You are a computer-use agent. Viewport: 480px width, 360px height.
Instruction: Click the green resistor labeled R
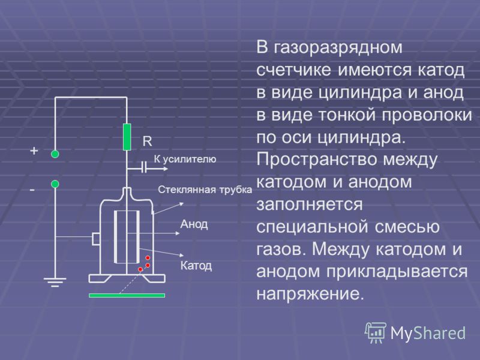(127, 137)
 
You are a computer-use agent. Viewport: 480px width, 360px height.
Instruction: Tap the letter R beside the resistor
(147, 141)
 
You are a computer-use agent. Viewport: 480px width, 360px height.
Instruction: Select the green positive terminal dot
(55, 154)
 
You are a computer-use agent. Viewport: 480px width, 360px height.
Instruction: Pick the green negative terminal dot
(55, 184)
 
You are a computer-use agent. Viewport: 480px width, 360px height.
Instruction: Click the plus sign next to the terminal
(34, 151)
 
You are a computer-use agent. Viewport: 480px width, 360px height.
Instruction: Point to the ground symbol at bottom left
(55, 282)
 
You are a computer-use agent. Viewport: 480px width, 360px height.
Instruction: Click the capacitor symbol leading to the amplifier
(144, 168)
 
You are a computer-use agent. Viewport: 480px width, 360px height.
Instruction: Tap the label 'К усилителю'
(185, 159)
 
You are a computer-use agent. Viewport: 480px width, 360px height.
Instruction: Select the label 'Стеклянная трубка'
(205, 190)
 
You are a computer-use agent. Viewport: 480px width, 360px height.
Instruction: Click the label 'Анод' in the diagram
(194, 224)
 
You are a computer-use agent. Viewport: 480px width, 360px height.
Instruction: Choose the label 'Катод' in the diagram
(196, 265)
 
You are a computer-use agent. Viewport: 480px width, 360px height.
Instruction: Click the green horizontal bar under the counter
(127, 295)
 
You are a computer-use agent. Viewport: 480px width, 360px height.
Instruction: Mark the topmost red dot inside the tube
(148, 258)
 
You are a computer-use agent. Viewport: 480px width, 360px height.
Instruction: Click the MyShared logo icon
(375, 332)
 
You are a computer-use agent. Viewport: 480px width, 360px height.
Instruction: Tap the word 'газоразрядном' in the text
(338, 48)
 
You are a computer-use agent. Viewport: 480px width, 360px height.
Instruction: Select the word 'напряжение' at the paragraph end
(310, 294)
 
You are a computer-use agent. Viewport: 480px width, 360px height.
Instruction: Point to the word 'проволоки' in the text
(427, 115)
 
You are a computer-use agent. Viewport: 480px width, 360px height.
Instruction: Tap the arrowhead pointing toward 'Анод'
(178, 233)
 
